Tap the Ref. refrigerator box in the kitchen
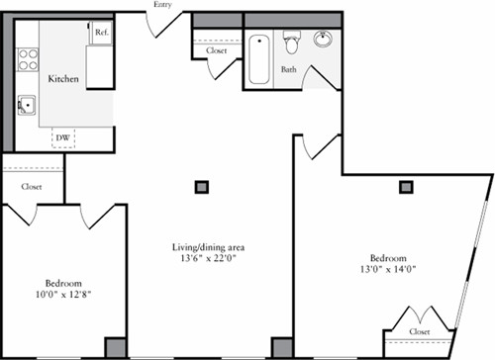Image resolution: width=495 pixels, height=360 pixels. pyautogui.click(x=101, y=32)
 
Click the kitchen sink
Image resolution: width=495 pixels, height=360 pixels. pyautogui.click(x=25, y=104)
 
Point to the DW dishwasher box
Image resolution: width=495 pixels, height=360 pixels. pyautogui.click(x=63, y=137)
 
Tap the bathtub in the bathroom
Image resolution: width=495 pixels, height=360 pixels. pyautogui.click(x=259, y=58)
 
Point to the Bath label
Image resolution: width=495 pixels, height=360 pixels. pyautogui.click(x=288, y=70)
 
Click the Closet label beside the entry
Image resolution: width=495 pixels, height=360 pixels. pyautogui.click(x=217, y=50)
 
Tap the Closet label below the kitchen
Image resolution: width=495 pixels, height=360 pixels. pyautogui.click(x=33, y=185)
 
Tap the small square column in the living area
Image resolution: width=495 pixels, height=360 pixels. pyautogui.click(x=202, y=185)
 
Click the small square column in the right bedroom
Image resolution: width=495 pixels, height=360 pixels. pyautogui.click(x=406, y=185)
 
